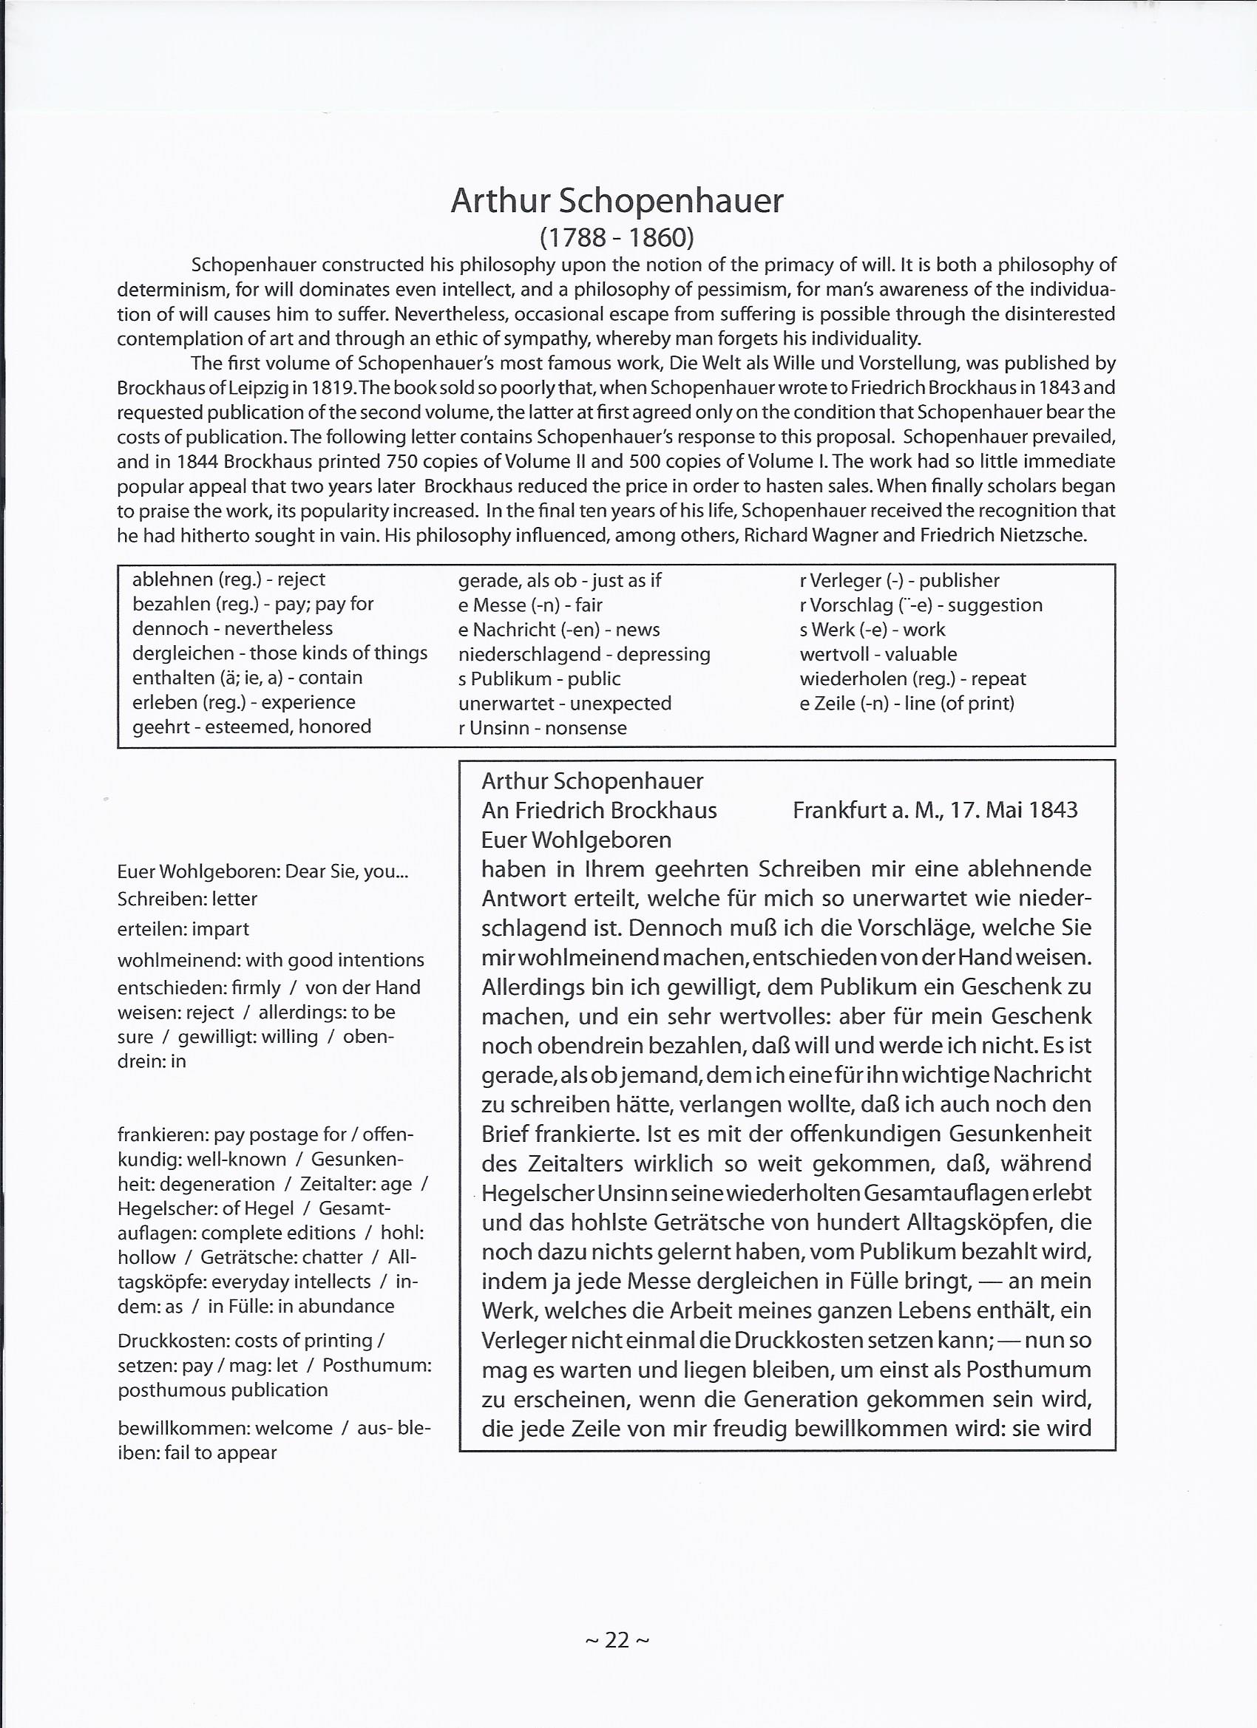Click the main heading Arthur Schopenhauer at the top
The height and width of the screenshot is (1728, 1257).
coord(617,201)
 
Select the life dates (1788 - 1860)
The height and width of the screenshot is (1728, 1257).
coord(617,239)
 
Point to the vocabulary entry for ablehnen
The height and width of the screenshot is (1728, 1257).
coord(228,579)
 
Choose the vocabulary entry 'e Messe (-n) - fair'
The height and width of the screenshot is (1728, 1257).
coord(529,605)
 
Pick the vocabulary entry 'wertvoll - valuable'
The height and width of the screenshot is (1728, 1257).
coord(878,653)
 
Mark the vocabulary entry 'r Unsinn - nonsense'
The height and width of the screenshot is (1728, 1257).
coord(542,727)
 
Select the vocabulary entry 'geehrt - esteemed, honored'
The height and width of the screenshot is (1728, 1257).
coord(251,726)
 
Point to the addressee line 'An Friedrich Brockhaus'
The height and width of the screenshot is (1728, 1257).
coord(599,810)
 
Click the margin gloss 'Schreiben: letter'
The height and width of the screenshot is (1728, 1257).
coord(188,899)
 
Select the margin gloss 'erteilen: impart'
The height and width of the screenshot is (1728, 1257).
coord(183,929)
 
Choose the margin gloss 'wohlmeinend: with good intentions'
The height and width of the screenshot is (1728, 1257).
coord(271,960)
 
